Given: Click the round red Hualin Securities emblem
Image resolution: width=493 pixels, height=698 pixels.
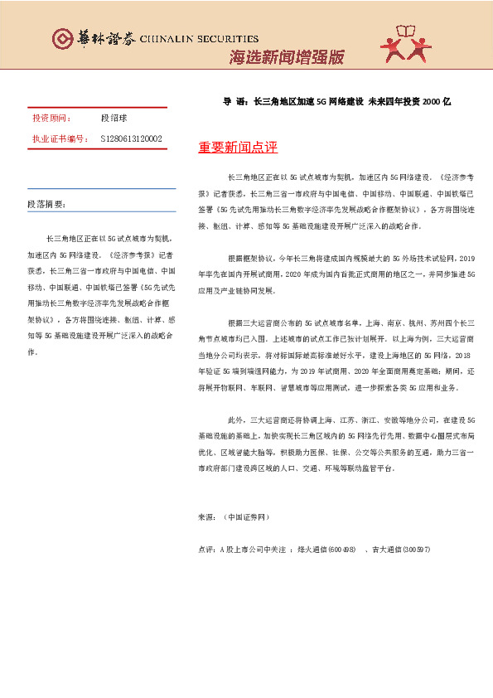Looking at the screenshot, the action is [63, 39].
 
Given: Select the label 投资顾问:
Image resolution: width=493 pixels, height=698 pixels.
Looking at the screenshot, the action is [51, 119].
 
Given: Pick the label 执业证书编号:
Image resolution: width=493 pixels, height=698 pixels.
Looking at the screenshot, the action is [60, 138].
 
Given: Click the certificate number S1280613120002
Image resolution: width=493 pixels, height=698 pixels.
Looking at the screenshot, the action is [131, 138].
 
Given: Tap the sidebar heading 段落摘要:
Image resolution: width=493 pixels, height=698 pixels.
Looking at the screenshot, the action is [47, 204].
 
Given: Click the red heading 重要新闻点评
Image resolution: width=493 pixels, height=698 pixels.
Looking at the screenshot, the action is [238, 148].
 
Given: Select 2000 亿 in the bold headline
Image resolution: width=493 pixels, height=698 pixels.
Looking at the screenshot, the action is [436, 101].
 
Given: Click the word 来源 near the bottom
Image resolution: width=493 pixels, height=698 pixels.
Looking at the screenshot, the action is [206, 516].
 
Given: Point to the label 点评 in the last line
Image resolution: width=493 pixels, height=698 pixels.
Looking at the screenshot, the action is [206, 550].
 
